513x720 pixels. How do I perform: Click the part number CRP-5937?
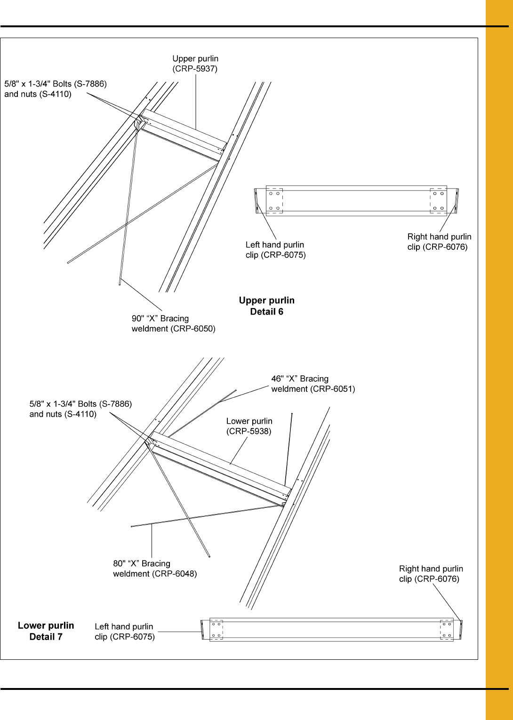pyautogui.click(x=195, y=69)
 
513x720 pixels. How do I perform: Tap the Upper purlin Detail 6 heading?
pyautogui.click(x=267, y=306)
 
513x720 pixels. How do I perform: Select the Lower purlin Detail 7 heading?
pyautogui.click(x=46, y=631)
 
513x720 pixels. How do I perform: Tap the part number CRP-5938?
pyautogui.click(x=249, y=431)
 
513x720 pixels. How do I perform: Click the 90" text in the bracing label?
pyautogui.click(x=137, y=318)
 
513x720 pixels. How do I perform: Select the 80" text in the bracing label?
pyautogui.click(x=119, y=563)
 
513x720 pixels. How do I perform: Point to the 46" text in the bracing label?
pyautogui.click(x=277, y=379)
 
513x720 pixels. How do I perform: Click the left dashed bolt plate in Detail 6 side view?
pyautogui.click(x=274, y=201)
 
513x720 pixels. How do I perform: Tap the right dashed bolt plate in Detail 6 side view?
pyautogui.click(x=438, y=201)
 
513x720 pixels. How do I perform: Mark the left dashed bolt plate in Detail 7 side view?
pyautogui.click(x=216, y=630)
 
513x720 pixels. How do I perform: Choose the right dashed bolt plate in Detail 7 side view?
pyautogui.click(x=447, y=630)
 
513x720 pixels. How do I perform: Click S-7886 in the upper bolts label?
pyautogui.click(x=90, y=84)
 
